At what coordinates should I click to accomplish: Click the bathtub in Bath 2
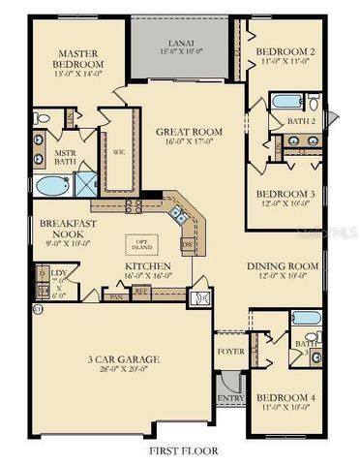[x=287, y=101]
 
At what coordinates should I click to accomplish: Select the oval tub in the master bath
[x=49, y=184]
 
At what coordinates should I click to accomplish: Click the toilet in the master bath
[x=41, y=118]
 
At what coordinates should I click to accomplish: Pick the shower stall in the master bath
[x=84, y=184]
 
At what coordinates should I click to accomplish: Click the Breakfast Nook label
[x=65, y=229]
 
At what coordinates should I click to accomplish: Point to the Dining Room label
[x=283, y=267]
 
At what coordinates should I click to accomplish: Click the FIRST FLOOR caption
[x=184, y=450]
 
